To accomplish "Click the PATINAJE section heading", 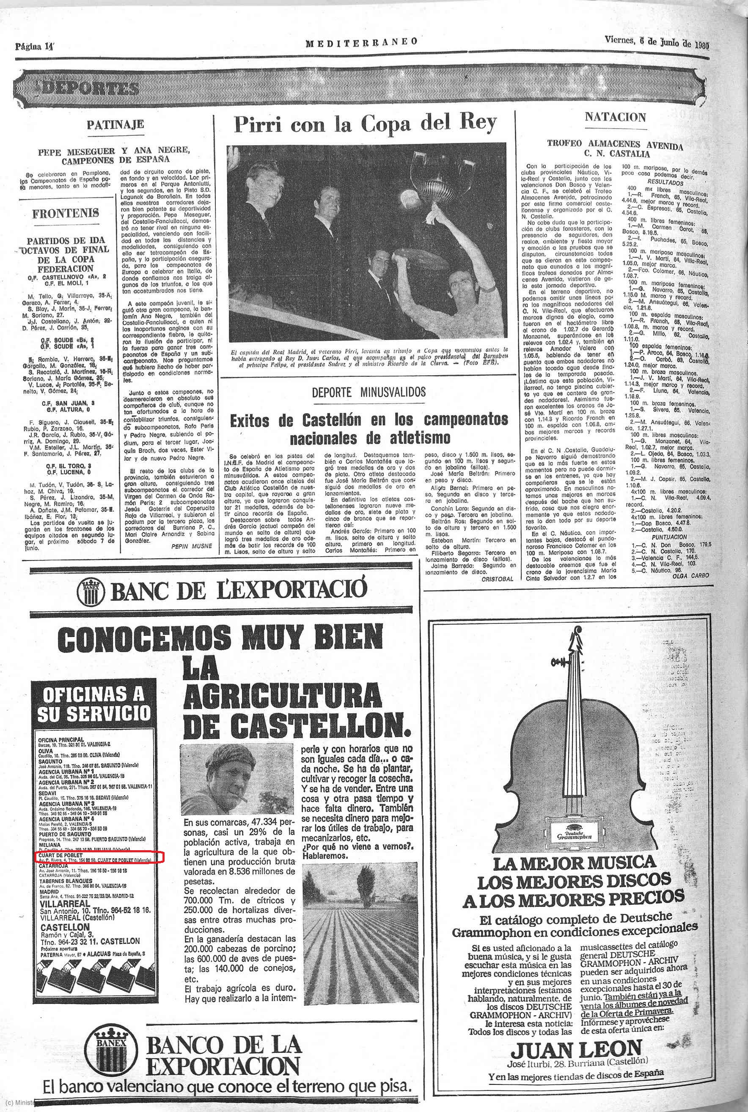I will click(x=115, y=125).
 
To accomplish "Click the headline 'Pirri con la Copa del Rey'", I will click(x=365, y=124).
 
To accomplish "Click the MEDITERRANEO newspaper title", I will click(x=362, y=42).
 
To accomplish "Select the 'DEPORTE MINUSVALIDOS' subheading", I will click(x=368, y=393).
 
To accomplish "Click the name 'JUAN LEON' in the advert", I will click(x=576, y=1050).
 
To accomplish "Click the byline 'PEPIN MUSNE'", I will click(x=191, y=546).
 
